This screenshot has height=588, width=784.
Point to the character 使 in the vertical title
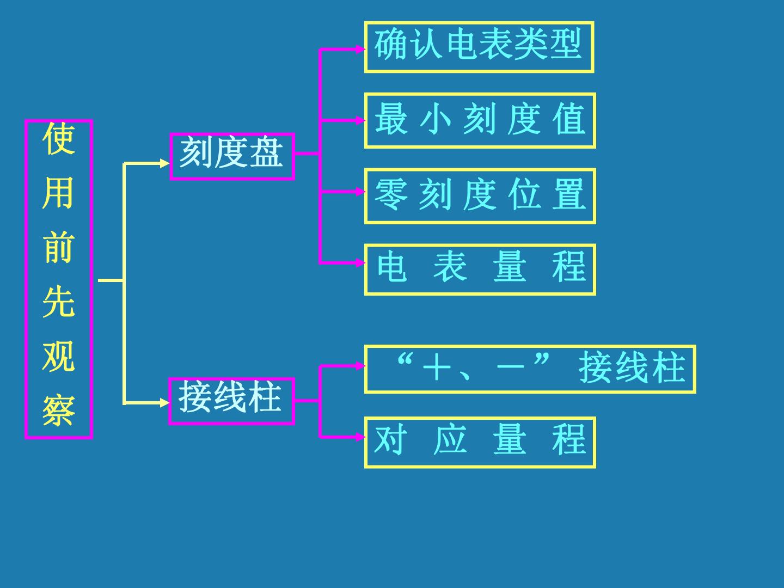(x=59, y=138)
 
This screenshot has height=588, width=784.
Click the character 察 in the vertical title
(x=59, y=411)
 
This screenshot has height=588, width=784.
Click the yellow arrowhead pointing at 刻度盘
(x=164, y=163)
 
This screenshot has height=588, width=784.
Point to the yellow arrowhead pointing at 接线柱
(x=164, y=403)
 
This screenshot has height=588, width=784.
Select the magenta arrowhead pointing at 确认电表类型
(x=360, y=49)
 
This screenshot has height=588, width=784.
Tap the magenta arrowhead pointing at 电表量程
(x=360, y=263)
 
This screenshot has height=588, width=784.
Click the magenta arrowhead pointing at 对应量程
(x=360, y=437)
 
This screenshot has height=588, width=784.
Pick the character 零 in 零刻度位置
(x=391, y=194)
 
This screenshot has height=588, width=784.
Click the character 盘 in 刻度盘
(x=266, y=152)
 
